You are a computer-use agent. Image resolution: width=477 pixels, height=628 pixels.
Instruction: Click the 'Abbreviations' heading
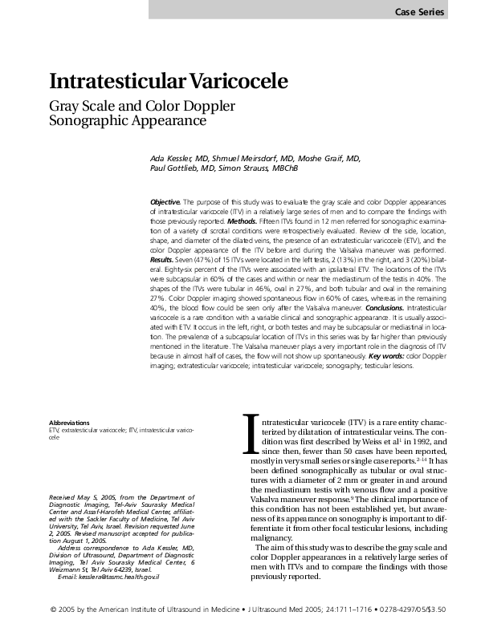[x=69, y=422]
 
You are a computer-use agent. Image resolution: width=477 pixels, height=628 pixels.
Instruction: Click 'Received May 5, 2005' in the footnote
[x=83, y=498]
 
